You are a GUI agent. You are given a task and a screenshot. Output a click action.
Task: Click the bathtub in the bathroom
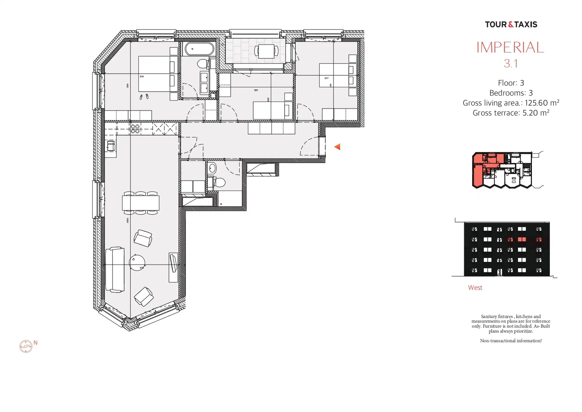click(x=199, y=49)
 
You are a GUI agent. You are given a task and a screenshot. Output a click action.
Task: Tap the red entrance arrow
click(x=337, y=147)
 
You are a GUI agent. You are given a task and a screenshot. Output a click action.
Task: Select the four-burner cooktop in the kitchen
click(x=135, y=129)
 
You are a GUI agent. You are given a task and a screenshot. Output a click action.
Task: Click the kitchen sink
click(x=111, y=146)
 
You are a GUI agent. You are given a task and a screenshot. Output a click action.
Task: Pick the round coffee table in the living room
click(x=137, y=262)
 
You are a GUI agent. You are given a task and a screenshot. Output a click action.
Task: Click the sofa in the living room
click(x=115, y=270)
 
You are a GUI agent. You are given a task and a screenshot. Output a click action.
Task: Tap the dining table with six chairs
click(x=140, y=203)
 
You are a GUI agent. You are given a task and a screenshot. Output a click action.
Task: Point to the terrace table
click(x=266, y=51)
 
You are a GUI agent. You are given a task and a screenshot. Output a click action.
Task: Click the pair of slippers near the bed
click(x=144, y=97)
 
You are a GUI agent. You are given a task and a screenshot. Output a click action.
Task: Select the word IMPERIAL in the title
click(x=510, y=47)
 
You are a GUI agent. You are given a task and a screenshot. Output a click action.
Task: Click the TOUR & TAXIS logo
click(x=511, y=25)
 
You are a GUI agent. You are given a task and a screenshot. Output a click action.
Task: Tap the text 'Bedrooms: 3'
click(x=511, y=93)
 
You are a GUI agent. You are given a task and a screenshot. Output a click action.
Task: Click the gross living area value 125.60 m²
click(x=542, y=103)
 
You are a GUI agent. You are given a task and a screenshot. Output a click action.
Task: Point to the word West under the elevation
click(x=475, y=288)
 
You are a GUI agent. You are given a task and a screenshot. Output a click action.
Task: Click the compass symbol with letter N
click(x=26, y=346)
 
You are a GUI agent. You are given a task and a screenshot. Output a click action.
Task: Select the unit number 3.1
click(x=511, y=64)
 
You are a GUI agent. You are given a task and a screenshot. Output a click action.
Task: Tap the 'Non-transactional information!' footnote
click(x=511, y=341)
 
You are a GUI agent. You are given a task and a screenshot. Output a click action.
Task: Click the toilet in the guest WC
click(x=219, y=182)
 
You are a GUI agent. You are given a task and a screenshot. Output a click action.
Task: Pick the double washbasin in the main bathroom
click(x=204, y=83)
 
